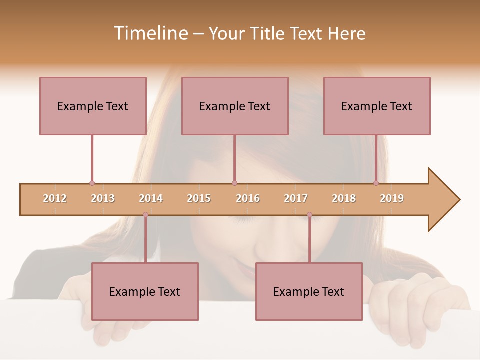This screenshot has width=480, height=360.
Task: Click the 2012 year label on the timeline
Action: [x=55, y=198]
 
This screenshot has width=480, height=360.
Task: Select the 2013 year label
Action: [x=103, y=198]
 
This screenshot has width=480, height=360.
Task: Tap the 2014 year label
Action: [x=151, y=198]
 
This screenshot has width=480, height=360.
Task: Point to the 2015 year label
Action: [x=199, y=198]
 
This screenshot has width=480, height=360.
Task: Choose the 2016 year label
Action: [x=248, y=198]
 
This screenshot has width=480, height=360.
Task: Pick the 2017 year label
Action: [x=296, y=198]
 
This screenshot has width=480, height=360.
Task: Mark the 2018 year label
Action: [x=344, y=198]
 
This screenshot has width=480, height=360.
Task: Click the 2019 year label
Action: [x=392, y=198]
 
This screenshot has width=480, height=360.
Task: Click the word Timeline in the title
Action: [x=150, y=33]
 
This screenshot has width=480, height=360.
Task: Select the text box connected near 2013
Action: [x=93, y=106]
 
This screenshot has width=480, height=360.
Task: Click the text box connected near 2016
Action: [x=235, y=106]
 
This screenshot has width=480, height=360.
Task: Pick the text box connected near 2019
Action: [x=377, y=106]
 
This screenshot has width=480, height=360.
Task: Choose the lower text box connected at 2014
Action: [x=145, y=291]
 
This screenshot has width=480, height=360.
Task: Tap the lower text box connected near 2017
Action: [x=309, y=291]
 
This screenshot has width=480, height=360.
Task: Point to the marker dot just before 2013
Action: [x=92, y=183]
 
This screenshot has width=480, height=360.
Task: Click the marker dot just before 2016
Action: [x=235, y=183]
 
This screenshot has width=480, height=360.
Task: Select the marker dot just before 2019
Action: [x=376, y=183]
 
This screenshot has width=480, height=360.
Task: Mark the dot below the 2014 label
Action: [x=145, y=215]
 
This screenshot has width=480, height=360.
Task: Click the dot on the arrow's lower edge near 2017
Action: [x=309, y=215]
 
